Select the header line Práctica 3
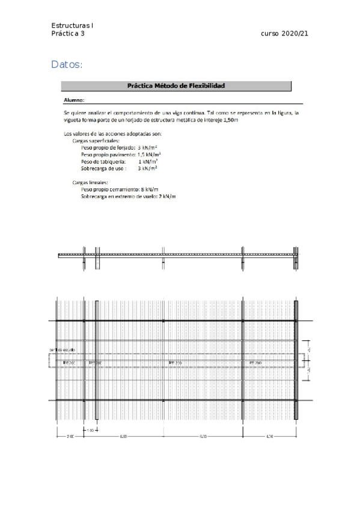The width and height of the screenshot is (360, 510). coord(68,34)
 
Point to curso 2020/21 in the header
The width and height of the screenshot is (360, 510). coord(284,34)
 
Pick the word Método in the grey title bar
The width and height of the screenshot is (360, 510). coord(167,86)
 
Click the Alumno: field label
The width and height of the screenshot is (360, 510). coord(74,100)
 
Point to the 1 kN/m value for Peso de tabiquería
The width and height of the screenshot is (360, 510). coord(148,162)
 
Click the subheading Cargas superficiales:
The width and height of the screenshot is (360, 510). coord(96,140)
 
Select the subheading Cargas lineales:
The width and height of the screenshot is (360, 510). coord(90,182)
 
